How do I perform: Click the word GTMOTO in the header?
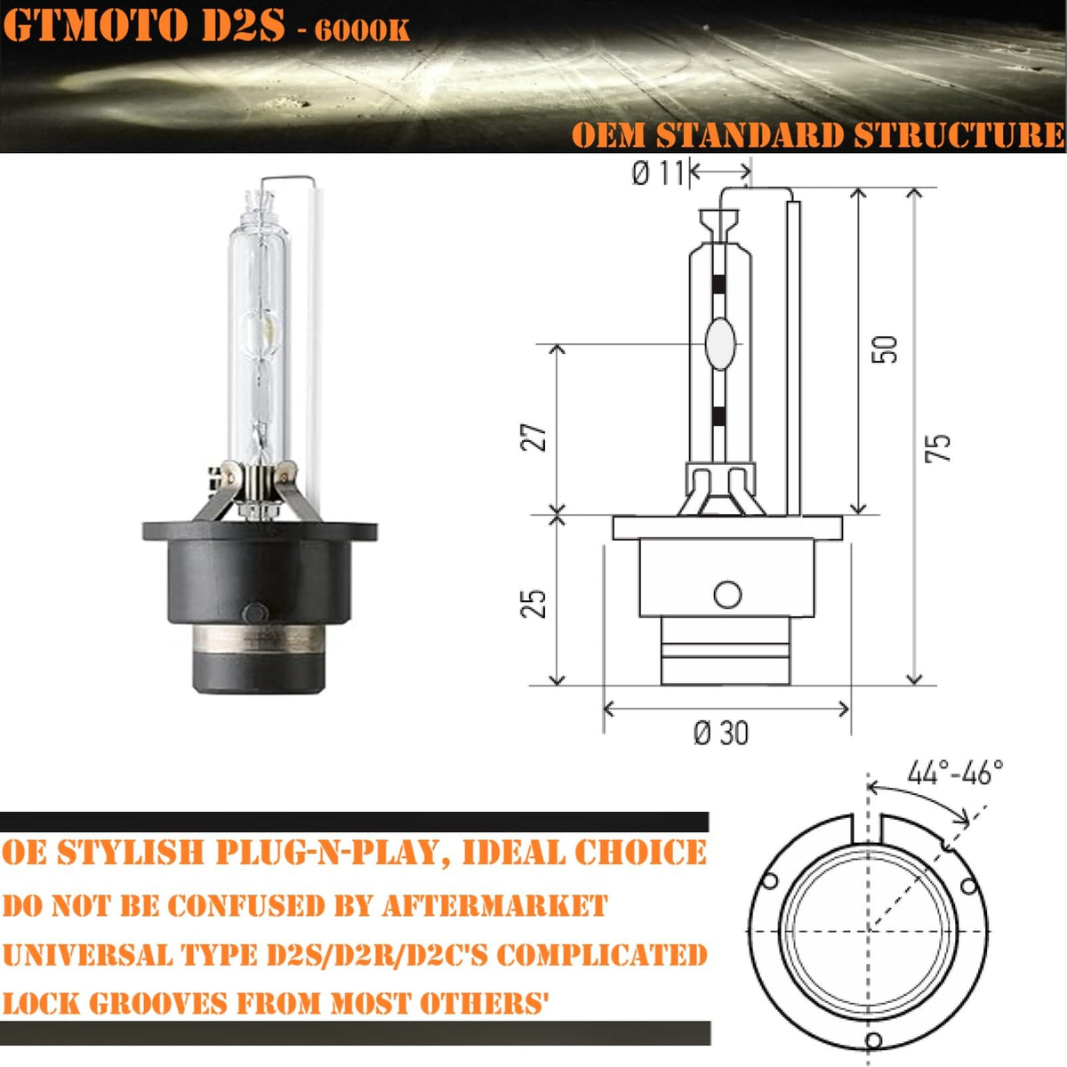pos(95,26)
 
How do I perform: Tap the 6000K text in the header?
pos(363,31)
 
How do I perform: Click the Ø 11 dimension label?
pos(658,174)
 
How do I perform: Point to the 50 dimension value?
pos(884,349)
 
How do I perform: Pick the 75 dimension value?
pos(938,448)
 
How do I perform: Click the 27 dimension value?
pos(533,437)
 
